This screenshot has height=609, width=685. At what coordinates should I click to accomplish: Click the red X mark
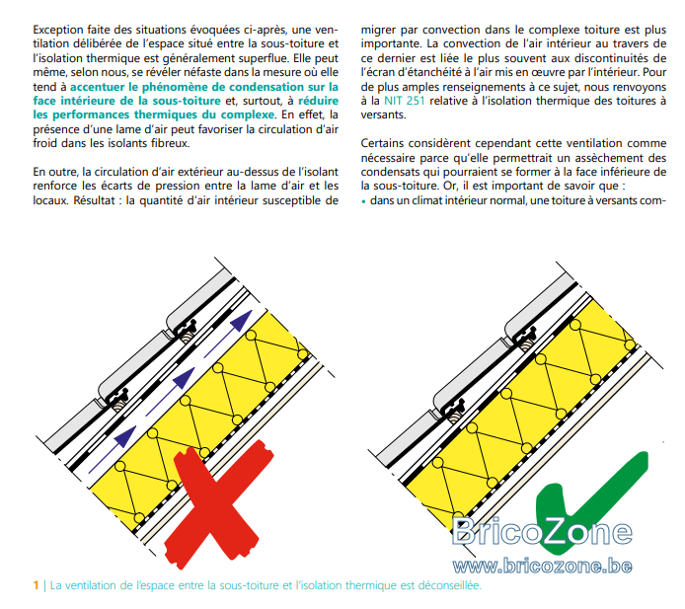[x=218, y=502]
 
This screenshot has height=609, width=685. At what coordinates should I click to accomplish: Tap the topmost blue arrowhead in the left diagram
[x=242, y=320]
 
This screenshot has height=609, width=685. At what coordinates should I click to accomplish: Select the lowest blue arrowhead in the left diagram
[x=125, y=436]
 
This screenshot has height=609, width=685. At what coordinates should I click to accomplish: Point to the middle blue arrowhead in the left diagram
[x=184, y=378]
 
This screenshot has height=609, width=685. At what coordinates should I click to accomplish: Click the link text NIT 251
[x=404, y=101]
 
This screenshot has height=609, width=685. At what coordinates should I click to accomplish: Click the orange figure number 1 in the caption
[x=36, y=585]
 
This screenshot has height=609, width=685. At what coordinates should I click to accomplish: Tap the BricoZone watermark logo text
[x=542, y=531]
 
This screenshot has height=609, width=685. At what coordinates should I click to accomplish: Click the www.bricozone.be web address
[x=542, y=567]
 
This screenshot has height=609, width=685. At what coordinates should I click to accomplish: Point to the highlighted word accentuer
[x=98, y=87]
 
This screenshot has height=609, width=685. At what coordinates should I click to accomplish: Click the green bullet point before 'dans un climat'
[x=364, y=201]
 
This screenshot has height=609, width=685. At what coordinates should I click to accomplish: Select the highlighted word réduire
[x=319, y=101]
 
